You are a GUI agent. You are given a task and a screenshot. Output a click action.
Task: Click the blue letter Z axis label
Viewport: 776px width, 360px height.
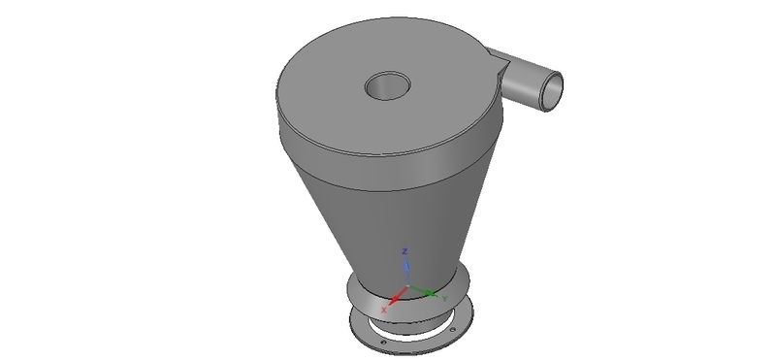click(x=406, y=251)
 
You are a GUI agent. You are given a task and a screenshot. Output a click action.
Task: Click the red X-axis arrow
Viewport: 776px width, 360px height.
click(x=395, y=297)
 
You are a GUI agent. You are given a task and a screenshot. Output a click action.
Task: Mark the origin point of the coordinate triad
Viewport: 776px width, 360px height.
click(x=407, y=288)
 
